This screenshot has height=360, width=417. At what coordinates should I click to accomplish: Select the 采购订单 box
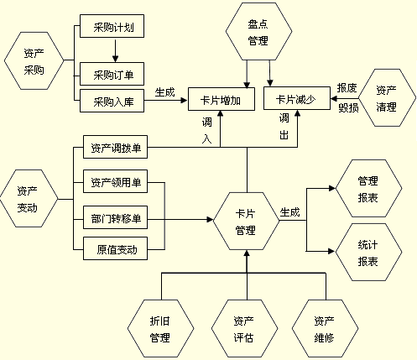coord(114,75)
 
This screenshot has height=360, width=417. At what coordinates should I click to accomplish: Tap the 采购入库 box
coord(114,103)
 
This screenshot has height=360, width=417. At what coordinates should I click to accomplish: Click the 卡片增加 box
coord(222,100)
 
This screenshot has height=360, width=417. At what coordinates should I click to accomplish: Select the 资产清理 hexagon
coord(387,98)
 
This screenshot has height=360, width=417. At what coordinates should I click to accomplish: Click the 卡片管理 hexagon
coord(245,222)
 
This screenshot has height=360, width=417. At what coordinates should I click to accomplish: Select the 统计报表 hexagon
coord(367,253)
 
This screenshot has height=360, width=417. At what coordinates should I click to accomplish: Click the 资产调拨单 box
coord(116,149)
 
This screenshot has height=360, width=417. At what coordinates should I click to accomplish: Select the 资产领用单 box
coord(116,181)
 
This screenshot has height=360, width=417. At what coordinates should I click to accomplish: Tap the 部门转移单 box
coord(116,220)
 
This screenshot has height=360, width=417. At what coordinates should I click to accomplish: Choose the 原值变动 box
coord(116,249)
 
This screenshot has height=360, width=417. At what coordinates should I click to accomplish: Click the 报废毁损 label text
coord(347,98)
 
